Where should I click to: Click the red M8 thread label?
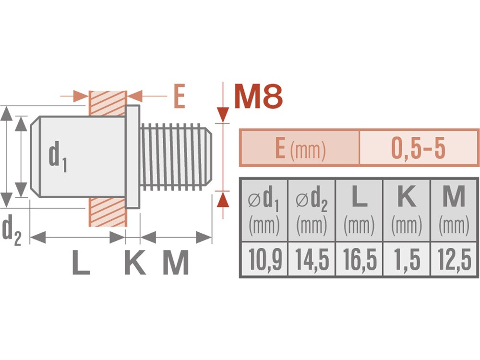point(258,96)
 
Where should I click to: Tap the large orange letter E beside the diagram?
point(180,96)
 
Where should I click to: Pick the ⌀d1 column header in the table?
point(264,210)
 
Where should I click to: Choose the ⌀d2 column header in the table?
point(312,210)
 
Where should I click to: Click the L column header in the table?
point(359,210)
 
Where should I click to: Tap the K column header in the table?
point(407,210)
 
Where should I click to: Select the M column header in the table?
point(454,210)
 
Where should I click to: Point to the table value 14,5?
point(312,260)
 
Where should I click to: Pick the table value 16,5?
point(360,260)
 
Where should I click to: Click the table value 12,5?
point(454,260)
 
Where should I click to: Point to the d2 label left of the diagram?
point(12,230)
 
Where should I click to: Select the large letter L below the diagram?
point(81,263)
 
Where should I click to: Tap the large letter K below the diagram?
point(135,263)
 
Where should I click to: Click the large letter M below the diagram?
point(175,263)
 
